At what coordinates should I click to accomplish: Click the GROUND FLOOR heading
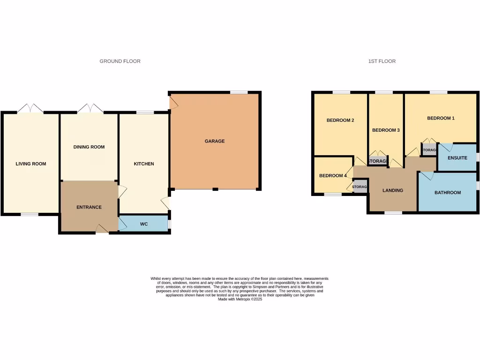pos(120,61)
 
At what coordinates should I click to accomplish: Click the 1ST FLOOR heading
pos(382,61)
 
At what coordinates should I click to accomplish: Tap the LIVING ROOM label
pos(31,164)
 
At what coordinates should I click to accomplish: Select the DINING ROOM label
pos(89,147)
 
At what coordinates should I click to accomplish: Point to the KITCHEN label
pos(144,164)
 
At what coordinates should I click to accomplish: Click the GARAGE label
pos(215,141)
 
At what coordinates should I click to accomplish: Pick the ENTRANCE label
pos(89,207)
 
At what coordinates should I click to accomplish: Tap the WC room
pos(144,224)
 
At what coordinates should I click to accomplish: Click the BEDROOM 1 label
pos(441,119)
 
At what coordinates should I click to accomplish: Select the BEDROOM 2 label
pos(340,120)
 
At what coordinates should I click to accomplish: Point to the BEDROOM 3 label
pos(386,130)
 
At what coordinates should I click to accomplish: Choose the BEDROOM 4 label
pos(333,176)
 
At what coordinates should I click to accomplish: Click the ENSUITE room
pos(457,158)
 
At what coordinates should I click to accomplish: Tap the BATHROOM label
pos(448,193)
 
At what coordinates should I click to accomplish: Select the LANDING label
pos(393,190)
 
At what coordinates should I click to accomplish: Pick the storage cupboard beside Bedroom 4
pos(360,187)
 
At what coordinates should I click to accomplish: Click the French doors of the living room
pos(30,109)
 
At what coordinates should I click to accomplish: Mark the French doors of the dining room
pos(90,109)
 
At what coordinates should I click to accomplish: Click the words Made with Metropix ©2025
pos(240,299)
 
